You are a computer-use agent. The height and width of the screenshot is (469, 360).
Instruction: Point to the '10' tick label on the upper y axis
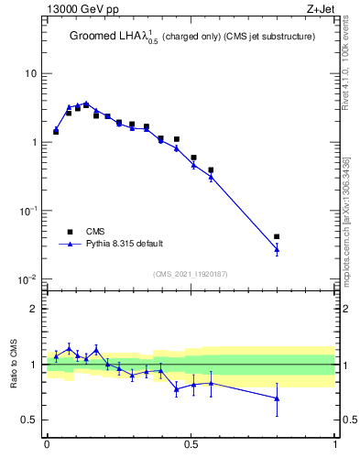coord(31,73)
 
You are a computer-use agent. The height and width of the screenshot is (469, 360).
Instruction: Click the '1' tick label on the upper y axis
coord(35,142)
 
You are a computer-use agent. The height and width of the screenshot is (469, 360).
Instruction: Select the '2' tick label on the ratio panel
coord(35,310)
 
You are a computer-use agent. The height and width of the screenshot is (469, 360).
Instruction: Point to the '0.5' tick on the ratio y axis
coord(30,420)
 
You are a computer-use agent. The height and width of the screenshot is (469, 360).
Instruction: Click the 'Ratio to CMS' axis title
coord(13,365)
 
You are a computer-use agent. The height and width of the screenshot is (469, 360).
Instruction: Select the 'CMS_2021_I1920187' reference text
coord(190,273)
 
